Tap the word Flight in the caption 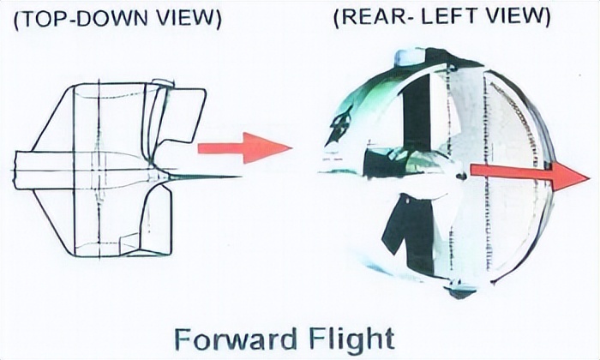tap(351, 339)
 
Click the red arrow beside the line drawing tap(245, 148)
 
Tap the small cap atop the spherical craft tap(410, 56)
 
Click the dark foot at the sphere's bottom tap(461, 292)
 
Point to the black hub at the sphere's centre tap(461, 177)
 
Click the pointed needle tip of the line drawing tap(240, 177)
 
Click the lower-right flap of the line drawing tap(157, 221)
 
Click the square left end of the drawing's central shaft tap(16, 170)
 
